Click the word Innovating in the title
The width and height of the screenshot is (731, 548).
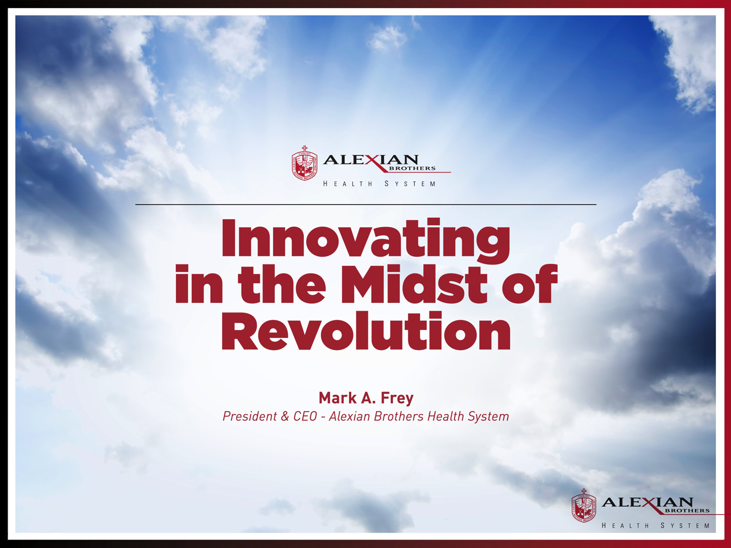[x=365, y=240]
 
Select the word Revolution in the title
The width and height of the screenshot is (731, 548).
[x=365, y=331]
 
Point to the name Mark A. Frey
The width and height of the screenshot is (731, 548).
[x=366, y=398]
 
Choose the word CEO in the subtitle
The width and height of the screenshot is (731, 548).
[x=305, y=416]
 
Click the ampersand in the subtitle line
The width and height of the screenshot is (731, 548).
[x=285, y=417]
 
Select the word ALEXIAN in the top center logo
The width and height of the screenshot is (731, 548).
[x=371, y=160]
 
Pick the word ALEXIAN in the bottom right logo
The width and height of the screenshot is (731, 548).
[x=647, y=502]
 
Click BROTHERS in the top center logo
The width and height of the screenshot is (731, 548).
[x=412, y=168]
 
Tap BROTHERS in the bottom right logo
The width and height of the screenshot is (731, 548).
[x=687, y=510]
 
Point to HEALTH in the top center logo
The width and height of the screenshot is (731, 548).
[x=348, y=184]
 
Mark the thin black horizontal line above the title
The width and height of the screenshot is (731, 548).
[x=365, y=204]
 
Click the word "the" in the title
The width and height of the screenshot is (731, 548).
[x=282, y=284]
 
